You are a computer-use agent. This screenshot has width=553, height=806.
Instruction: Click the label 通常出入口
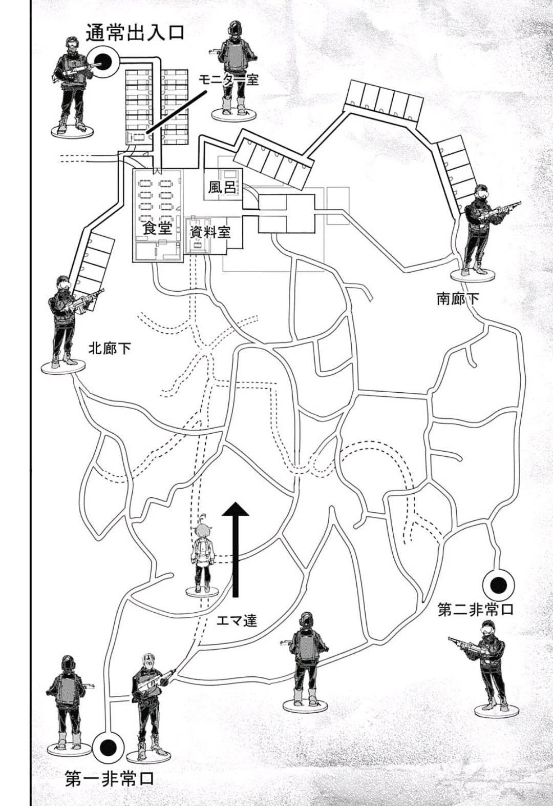[135, 32]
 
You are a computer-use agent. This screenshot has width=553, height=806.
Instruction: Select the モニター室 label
[229, 79]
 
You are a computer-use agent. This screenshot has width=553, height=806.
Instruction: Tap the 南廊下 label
[458, 299]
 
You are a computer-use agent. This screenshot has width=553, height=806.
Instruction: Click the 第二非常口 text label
[476, 610]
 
